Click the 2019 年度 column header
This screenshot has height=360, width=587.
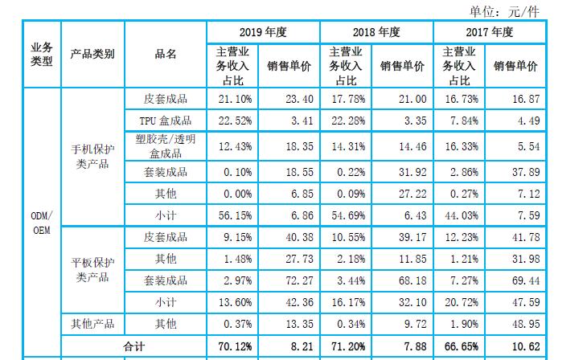(263, 32)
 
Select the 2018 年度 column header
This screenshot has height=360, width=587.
(376, 32)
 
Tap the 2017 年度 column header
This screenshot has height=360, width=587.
(490, 32)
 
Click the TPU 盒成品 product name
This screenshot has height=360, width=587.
(166, 121)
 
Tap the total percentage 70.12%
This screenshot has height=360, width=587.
(235, 346)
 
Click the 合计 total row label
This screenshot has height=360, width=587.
(133, 346)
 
